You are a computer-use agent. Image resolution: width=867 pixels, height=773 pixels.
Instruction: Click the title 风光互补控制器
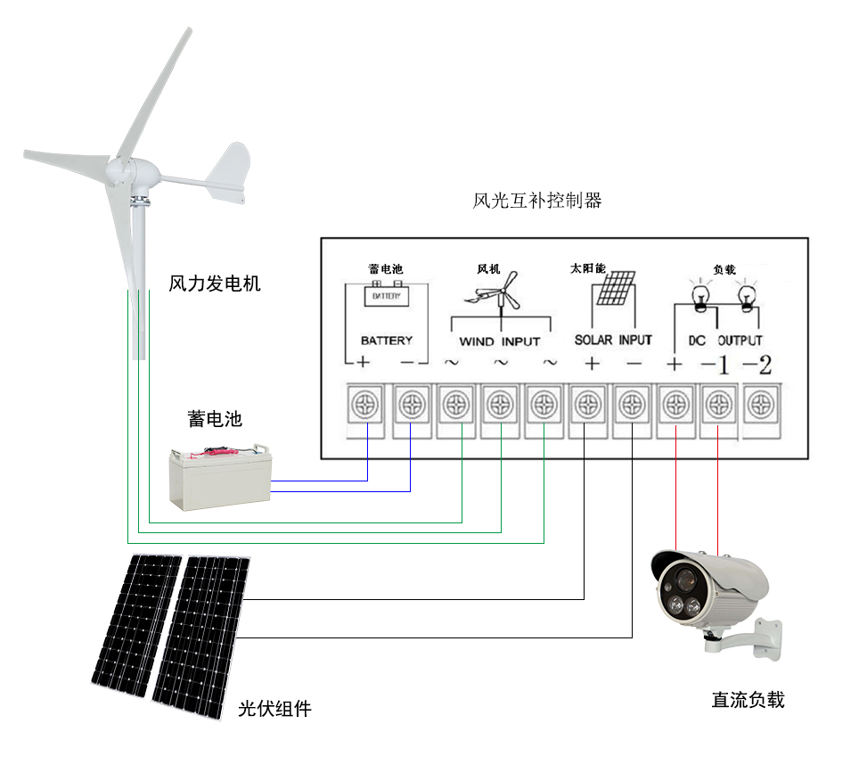click(x=536, y=201)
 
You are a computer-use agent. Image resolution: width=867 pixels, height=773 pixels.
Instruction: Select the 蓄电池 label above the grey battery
click(x=215, y=418)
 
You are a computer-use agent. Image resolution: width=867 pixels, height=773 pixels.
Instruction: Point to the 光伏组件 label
click(x=275, y=710)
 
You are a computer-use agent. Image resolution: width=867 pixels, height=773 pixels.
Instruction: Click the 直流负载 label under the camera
click(x=748, y=700)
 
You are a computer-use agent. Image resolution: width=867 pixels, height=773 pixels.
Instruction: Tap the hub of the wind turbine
click(x=120, y=168)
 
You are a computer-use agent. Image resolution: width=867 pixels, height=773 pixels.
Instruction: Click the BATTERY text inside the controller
click(x=387, y=341)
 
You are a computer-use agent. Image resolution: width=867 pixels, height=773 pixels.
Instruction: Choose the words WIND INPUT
click(x=499, y=341)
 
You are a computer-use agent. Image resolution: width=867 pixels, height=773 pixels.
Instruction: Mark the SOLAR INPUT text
click(x=613, y=340)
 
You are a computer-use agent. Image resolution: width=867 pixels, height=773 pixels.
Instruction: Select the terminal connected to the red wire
click(x=675, y=406)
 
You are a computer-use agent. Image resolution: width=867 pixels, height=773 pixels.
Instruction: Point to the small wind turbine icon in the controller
click(x=498, y=294)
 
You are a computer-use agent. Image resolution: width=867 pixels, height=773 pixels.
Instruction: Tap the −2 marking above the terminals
click(x=757, y=365)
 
